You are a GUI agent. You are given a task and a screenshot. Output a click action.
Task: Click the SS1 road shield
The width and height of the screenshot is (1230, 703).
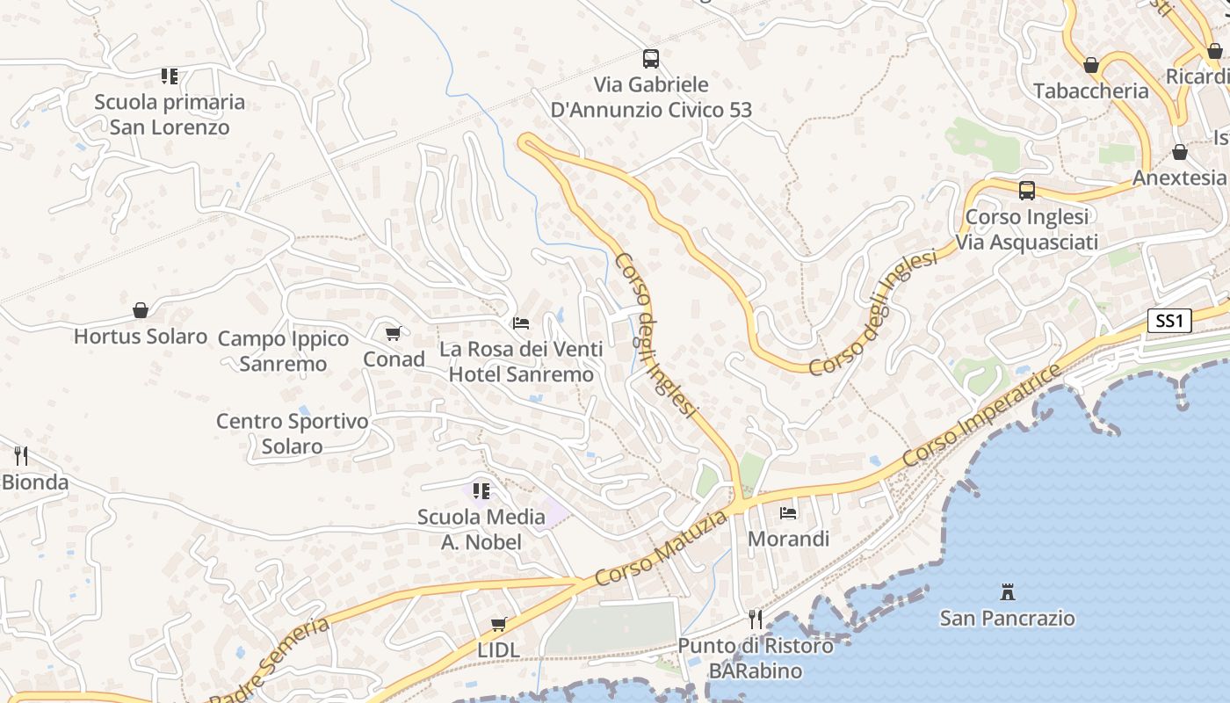[1169, 321]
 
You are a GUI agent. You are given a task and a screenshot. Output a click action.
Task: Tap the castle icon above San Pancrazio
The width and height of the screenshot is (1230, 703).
[1008, 591]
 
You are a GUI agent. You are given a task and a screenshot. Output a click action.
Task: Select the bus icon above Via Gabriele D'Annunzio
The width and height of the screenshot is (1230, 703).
[650, 59]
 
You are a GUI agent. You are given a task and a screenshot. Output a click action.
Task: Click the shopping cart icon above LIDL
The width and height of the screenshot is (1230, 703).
[499, 624]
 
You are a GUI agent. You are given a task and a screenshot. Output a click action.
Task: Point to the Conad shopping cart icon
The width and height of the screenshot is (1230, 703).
[394, 333]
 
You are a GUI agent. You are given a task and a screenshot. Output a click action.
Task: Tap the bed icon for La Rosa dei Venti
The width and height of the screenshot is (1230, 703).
[521, 323]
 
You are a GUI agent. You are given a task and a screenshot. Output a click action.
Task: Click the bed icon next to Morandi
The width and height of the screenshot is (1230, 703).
[788, 512]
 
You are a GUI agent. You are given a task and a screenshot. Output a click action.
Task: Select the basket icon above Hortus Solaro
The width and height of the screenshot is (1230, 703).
[141, 310]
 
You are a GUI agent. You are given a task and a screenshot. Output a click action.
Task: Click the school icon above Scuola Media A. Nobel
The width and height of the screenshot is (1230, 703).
[481, 490]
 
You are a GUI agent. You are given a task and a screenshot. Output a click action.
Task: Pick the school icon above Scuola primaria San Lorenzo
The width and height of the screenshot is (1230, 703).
[170, 76]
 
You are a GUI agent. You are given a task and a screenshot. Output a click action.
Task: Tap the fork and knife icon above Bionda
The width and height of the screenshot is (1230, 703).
[21, 455]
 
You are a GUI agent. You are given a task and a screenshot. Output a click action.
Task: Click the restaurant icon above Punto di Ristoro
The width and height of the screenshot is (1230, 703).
[755, 619]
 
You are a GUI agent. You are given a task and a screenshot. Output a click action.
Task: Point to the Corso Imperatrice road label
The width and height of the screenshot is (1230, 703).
[976, 417]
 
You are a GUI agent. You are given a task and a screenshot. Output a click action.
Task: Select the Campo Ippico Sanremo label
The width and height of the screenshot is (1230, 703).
[283, 351]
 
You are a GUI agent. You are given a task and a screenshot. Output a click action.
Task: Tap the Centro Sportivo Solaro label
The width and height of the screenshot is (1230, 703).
[293, 433]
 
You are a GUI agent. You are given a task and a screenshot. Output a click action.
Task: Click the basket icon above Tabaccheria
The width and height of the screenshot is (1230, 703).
[1091, 65]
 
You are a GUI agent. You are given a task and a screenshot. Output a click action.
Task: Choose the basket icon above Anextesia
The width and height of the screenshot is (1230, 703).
[1180, 152]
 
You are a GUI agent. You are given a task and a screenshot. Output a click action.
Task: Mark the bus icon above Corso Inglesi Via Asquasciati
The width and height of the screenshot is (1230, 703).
[1026, 190]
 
